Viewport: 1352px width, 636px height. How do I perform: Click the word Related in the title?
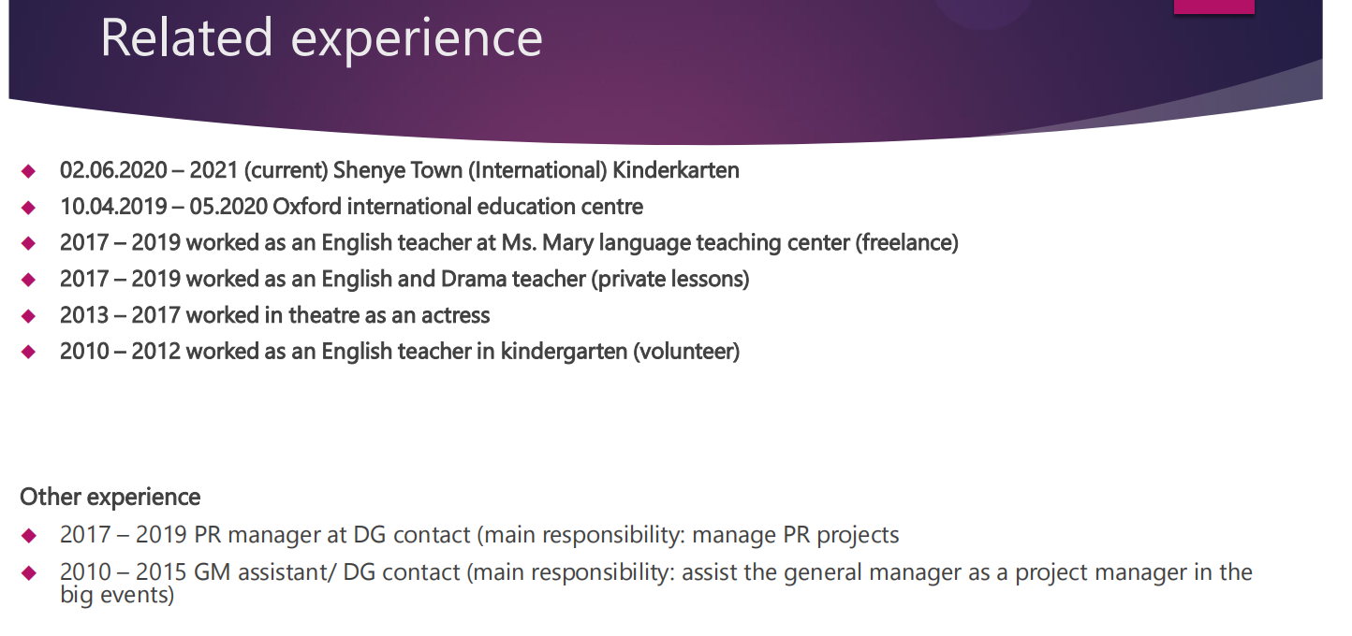[186, 38]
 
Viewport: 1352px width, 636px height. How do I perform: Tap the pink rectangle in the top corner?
[1213, 7]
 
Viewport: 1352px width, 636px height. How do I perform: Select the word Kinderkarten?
[675, 170]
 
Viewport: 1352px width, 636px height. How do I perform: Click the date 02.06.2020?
[113, 170]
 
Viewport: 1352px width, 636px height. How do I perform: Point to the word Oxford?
[307, 207]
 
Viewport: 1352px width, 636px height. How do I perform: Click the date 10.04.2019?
[113, 207]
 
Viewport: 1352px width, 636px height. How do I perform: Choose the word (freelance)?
[906, 243]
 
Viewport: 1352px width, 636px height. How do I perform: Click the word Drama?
[474, 279]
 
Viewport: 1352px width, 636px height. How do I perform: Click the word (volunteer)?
[686, 352]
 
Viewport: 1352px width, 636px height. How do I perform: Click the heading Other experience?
[110, 498]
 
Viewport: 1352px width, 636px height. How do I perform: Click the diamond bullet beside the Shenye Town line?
[28, 171]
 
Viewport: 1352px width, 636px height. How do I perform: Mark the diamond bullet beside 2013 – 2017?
[28, 316]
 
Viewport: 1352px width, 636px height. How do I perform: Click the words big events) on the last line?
[117, 595]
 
